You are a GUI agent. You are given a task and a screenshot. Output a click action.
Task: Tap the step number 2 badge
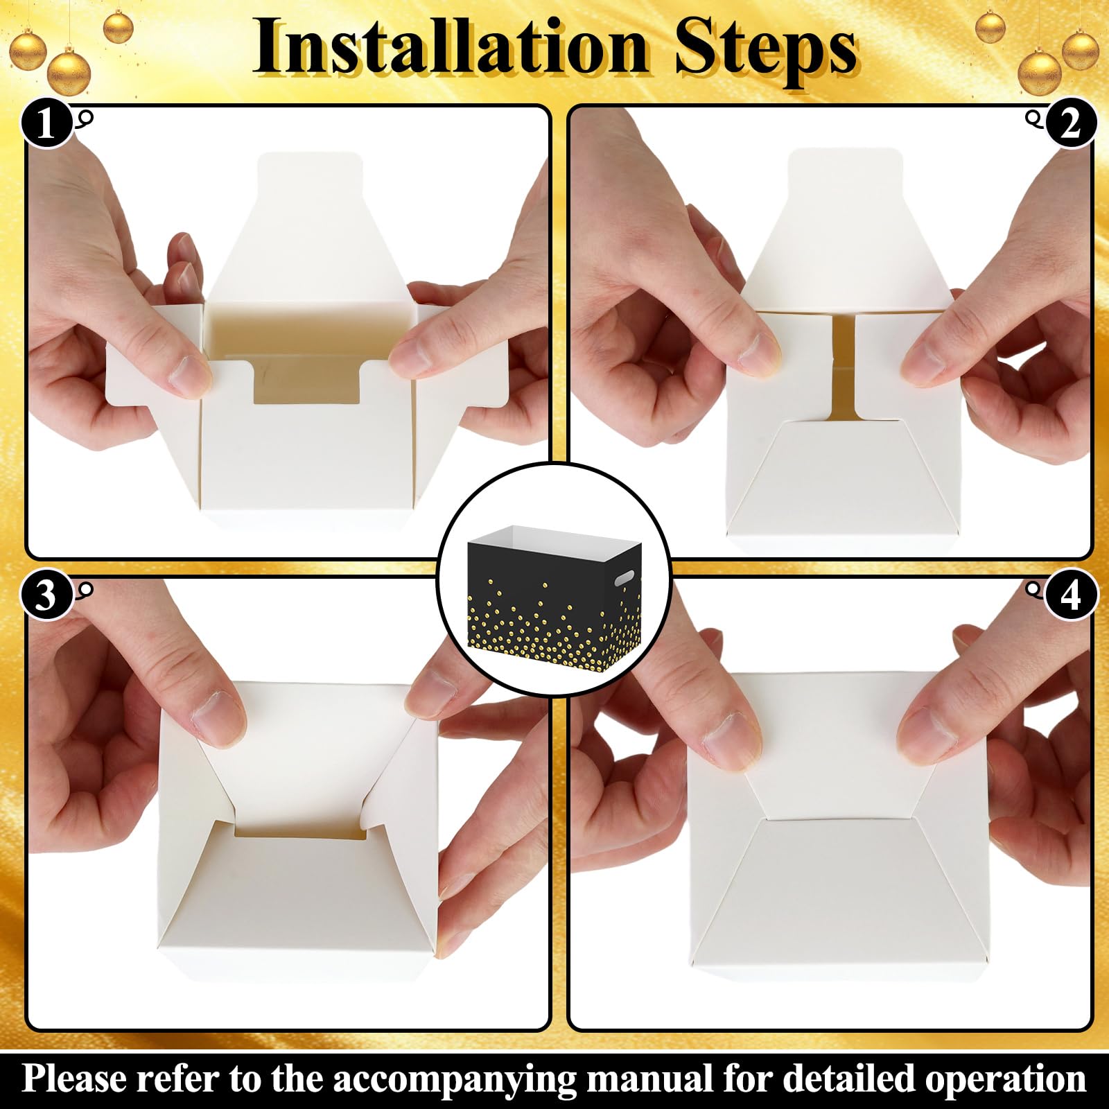pyautogui.click(x=1071, y=125)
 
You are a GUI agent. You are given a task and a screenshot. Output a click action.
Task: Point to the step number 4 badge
pyautogui.click(x=1071, y=595)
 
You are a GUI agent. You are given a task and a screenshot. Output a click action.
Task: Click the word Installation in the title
pyautogui.click(x=450, y=48)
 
